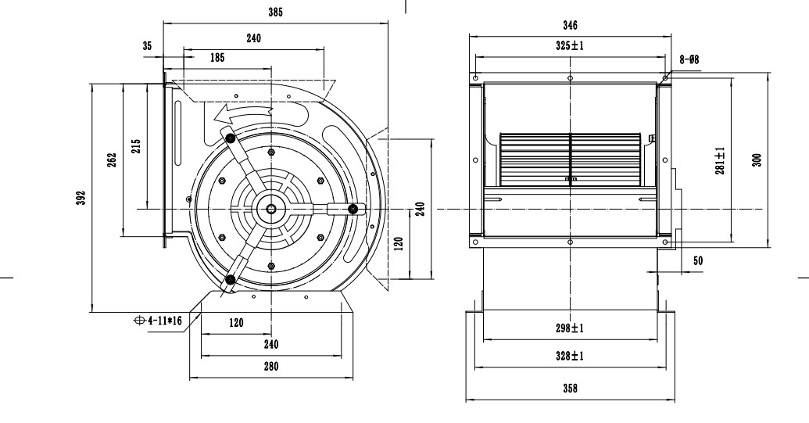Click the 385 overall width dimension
[274, 13]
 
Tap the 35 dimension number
[147, 47]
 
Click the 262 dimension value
[112, 159]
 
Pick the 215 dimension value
[135, 146]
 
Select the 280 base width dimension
[270, 365]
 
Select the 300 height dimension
[757, 160]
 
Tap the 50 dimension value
[699, 261]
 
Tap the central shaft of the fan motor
[270, 208]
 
